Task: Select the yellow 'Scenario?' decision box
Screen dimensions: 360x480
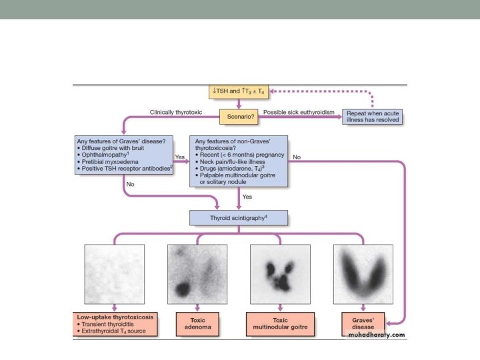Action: coord(239,117)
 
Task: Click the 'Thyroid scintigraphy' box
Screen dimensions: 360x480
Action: coord(239,217)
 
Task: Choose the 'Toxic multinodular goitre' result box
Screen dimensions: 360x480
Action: coord(279,323)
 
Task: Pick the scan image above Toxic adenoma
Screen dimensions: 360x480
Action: coord(197,273)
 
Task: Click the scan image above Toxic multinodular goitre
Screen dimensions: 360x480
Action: coord(280,273)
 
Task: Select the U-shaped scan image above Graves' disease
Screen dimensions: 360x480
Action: coord(363,273)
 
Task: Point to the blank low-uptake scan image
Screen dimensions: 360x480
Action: coord(114,273)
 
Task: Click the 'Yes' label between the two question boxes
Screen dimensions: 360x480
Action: coord(179,157)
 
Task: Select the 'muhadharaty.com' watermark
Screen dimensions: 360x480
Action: coord(377,335)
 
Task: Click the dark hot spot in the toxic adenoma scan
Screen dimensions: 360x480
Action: coord(181,289)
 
